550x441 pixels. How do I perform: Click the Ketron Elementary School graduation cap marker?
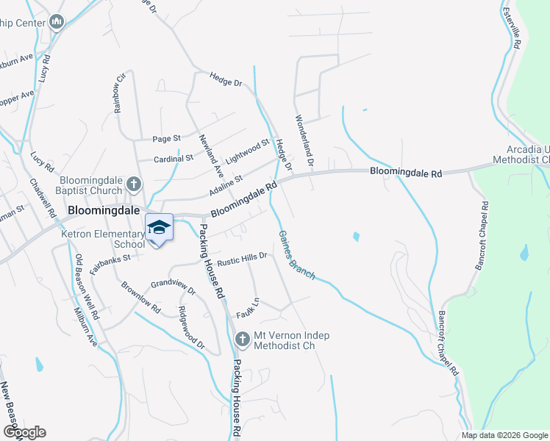pyautogui.click(x=159, y=226)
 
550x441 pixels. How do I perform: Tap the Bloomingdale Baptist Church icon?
pyautogui.click(x=133, y=184)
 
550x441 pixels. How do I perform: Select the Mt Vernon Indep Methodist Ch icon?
pyautogui.click(x=242, y=338)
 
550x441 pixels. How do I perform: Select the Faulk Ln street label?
pyautogui.click(x=248, y=309)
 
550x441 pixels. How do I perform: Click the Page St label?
pyautogui.click(x=166, y=138)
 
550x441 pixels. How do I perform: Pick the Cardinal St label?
pyautogui.click(x=174, y=158)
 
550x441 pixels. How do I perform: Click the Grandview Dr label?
pyautogui.click(x=173, y=286)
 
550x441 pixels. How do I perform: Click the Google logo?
pyautogui.click(x=24, y=432)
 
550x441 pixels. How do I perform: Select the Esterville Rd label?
pyautogui.click(x=512, y=29)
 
